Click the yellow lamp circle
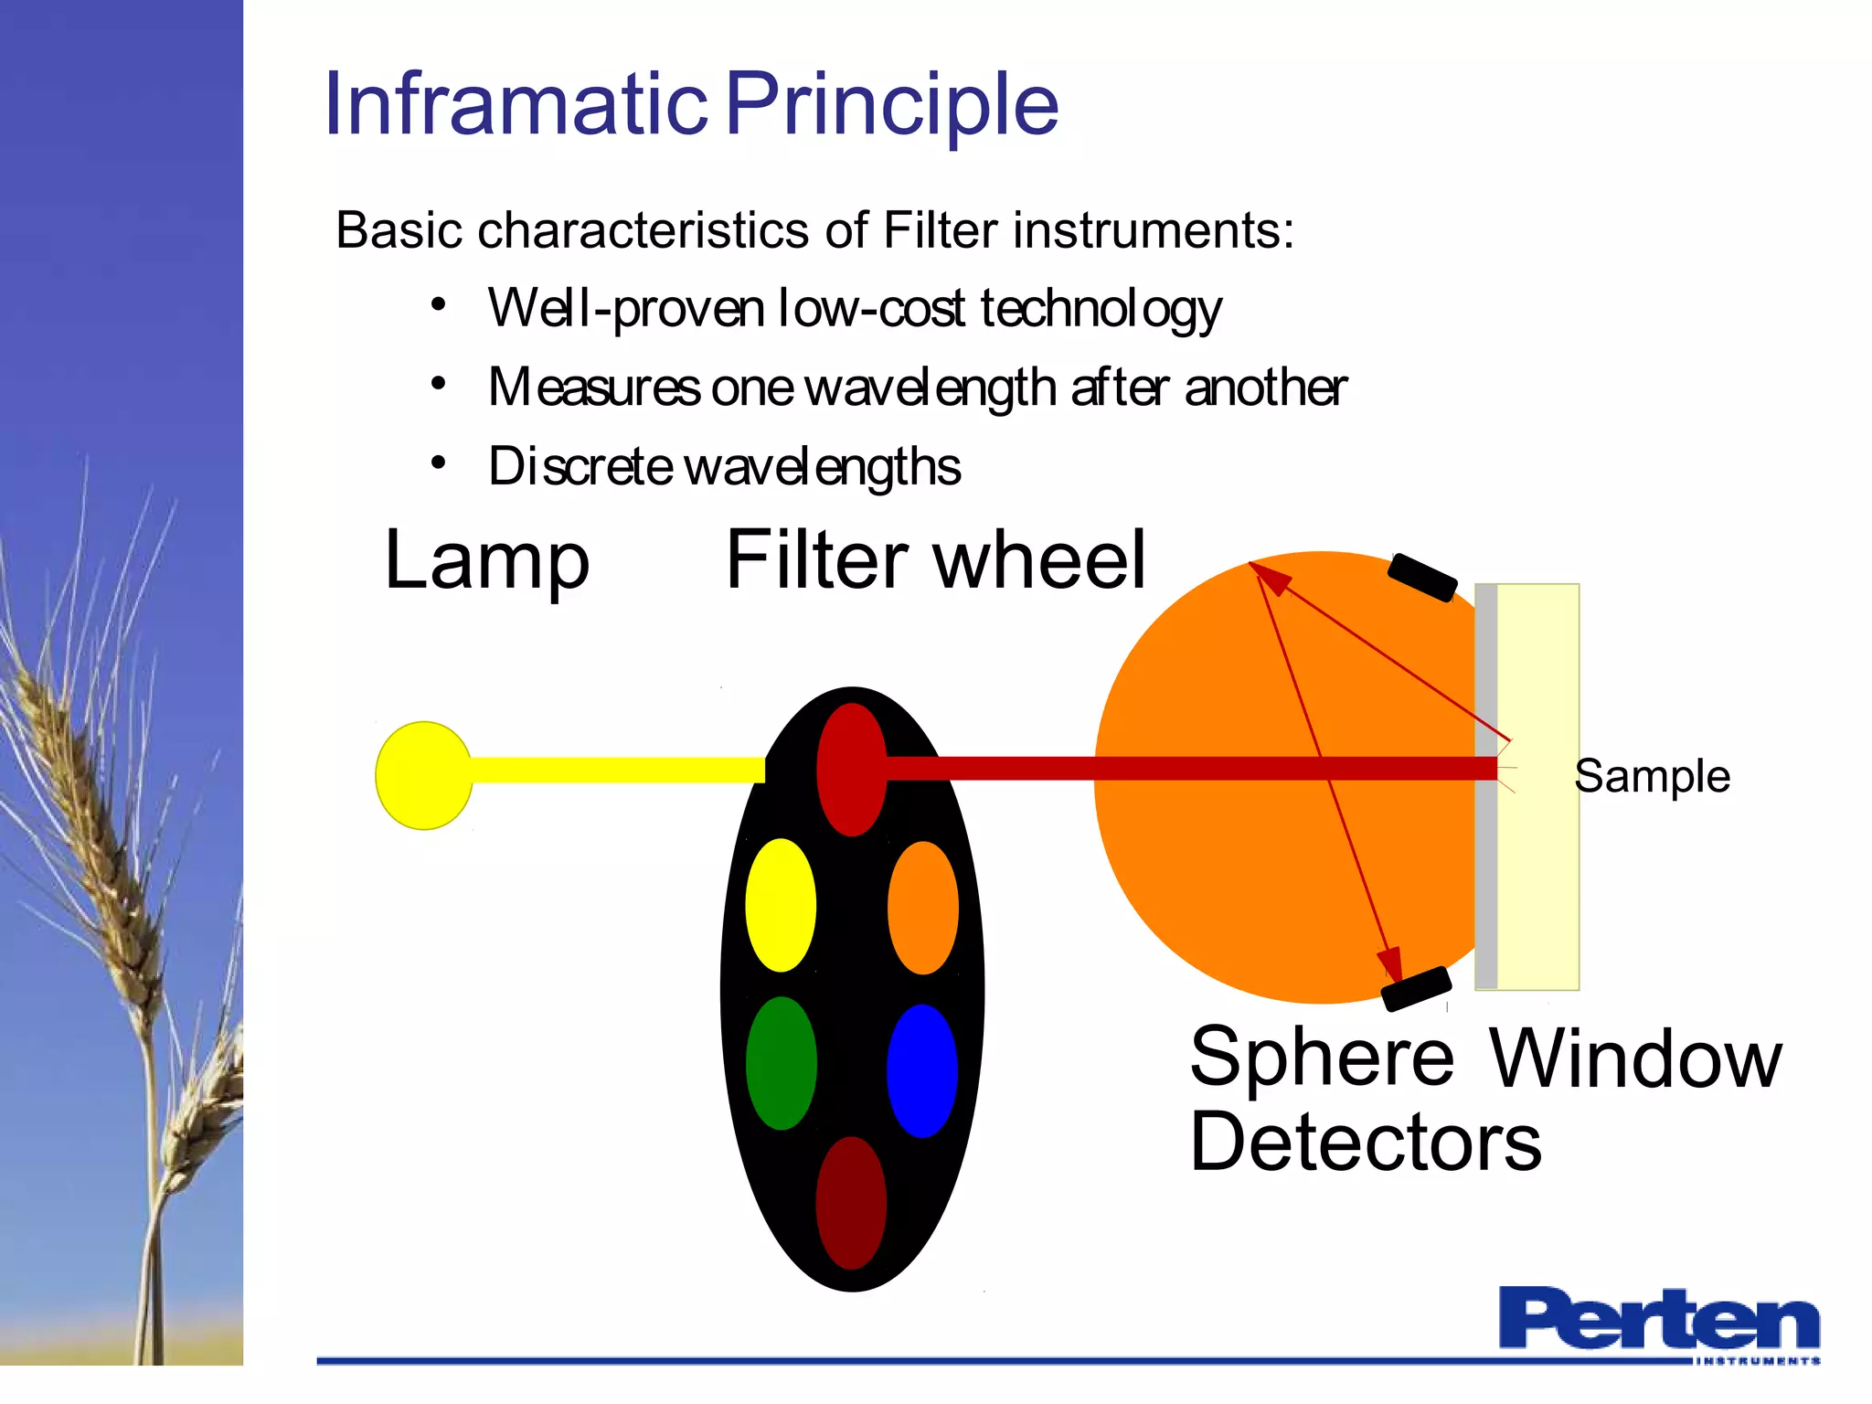tap(423, 775)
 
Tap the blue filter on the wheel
tap(921, 1070)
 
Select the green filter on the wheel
tap(781, 1063)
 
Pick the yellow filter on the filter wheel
tap(781, 905)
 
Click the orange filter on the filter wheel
tap(922, 908)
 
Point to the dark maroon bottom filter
tap(851, 1202)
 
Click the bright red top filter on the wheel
tap(851, 769)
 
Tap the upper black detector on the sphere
tap(1421, 578)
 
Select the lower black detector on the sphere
tap(1416, 989)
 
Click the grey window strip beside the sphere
tap(1486, 868)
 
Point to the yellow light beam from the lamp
tap(617, 770)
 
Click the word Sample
tap(1652, 777)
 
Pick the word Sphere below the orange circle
tap(1322, 1057)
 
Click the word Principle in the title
tap(892, 105)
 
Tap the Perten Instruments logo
tap(1658, 1323)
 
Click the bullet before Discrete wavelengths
tap(439, 463)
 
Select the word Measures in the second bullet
tap(594, 388)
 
